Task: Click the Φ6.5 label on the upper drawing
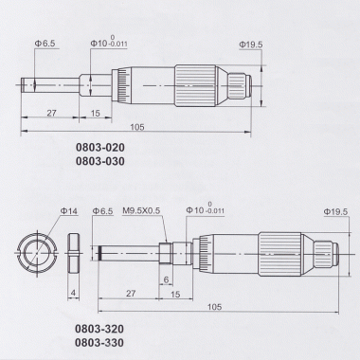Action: (45, 44)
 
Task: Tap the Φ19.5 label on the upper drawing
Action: (251, 45)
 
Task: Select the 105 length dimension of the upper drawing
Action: (137, 127)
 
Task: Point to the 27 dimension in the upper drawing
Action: (51, 113)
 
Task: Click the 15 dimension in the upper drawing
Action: (95, 113)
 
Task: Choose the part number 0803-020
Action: (100, 148)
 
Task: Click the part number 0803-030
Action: (100, 161)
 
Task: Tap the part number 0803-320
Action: (99, 329)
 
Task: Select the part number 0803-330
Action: (99, 343)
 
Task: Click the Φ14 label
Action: (69, 211)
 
